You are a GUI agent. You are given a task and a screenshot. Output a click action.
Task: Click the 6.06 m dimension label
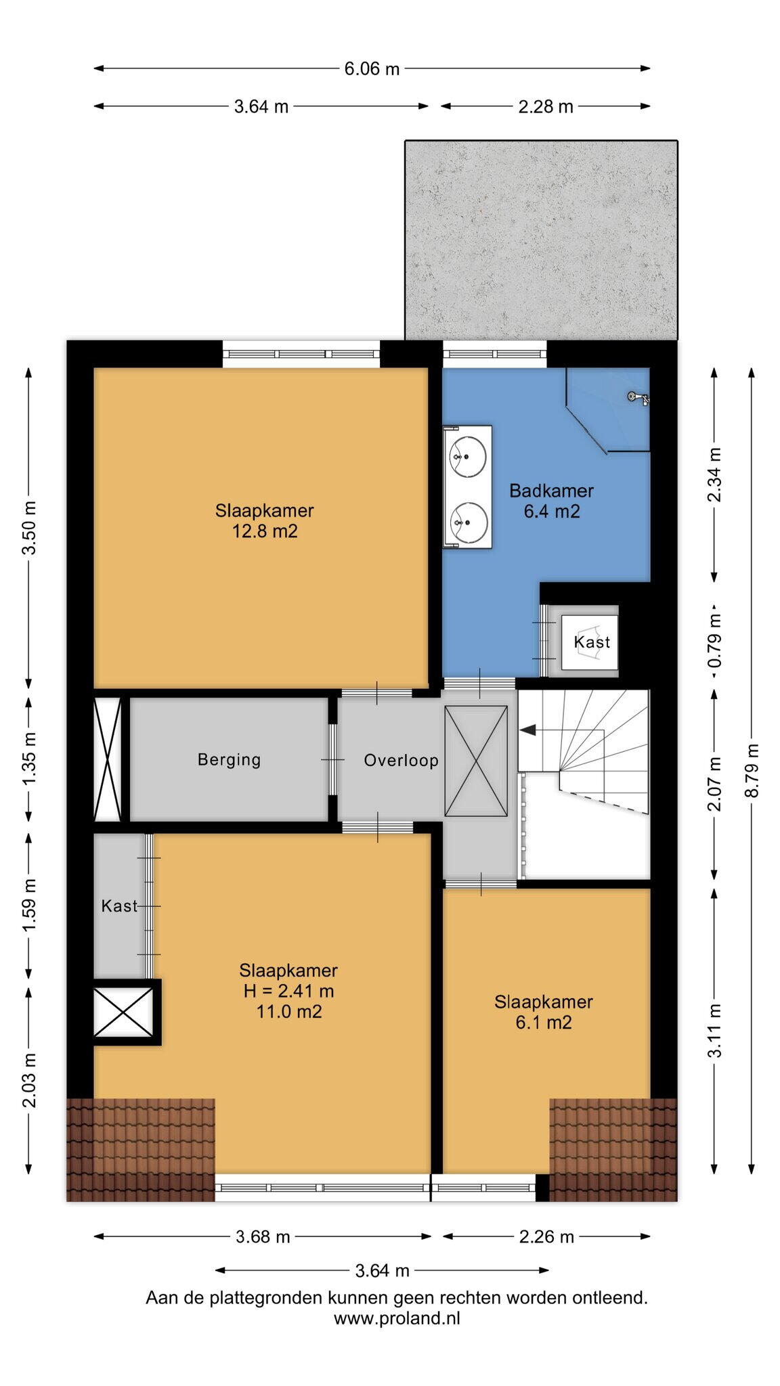coord(372,68)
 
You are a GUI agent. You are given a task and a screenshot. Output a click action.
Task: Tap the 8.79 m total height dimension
coord(752,770)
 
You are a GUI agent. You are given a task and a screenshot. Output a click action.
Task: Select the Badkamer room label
coord(551,491)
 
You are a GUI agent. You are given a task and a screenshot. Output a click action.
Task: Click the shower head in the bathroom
coord(638,398)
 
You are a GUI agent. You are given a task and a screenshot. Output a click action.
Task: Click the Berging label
coord(229,759)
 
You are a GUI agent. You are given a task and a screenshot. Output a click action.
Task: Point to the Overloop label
coord(401,761)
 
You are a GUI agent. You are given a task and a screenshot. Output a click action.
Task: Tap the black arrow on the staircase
coord(527,730)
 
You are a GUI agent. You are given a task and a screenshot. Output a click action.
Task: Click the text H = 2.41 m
coord(289,991)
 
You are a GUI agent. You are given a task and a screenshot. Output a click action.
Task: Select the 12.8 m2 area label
coord(265,531)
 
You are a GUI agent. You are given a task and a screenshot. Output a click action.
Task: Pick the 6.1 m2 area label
coord(544,1023)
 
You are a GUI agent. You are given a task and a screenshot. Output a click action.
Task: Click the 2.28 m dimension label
coord(546,106)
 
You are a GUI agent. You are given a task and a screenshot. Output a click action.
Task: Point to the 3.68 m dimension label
coord(263,1237)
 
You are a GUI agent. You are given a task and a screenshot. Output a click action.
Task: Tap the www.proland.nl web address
coord(397,1318)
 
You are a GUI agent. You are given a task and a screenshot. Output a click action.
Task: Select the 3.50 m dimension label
coord(29,529)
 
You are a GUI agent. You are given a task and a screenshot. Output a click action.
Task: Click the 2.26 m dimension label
coord(546,1237)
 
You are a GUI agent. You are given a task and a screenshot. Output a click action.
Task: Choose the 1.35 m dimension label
coord(29,760)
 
